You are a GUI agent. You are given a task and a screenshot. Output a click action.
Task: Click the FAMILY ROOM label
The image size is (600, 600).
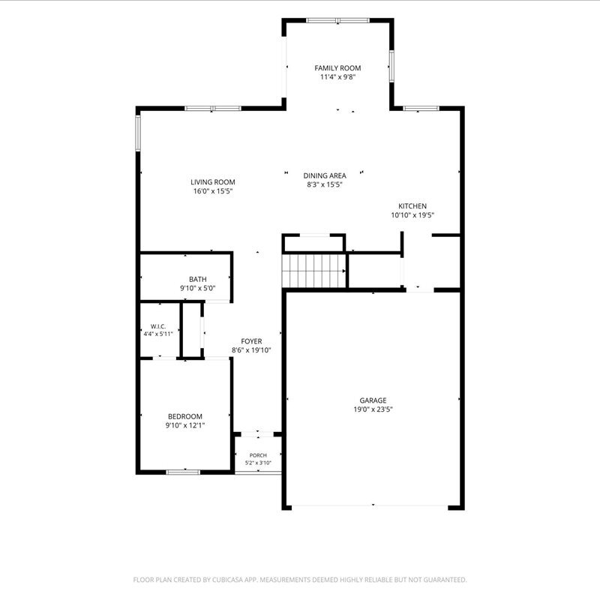(x=337, y=68)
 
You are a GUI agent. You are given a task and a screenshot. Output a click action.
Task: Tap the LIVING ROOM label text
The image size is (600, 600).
(x=213, y=182)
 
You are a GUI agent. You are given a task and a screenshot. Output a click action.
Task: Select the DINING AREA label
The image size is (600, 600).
(x=325, y=175)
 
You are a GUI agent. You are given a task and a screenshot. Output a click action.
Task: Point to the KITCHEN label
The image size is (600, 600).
(x=412, y=205)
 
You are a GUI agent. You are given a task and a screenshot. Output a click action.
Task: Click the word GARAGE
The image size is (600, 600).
(x=373, y=400)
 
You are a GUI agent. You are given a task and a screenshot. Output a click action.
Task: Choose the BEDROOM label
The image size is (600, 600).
(x=185, y=416)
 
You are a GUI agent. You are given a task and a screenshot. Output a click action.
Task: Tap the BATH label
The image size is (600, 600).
(x=198, y=279)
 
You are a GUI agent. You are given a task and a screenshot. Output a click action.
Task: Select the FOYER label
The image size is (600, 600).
(x=251, y=341)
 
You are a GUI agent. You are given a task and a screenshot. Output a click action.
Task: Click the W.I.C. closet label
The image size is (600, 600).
(x=158, y=326)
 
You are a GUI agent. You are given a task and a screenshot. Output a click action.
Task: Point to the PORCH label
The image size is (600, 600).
(x=258, y=455)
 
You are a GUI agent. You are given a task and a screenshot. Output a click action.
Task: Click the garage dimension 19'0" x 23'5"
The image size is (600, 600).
(x=373, y=409)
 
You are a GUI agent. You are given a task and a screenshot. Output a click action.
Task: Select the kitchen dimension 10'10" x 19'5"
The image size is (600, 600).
(x=412, y=215)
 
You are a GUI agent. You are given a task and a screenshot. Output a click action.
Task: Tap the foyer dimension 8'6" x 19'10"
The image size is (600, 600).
(x=251, y=350)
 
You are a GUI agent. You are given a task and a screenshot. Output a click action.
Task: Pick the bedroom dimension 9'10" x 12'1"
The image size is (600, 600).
(x=185, y=425)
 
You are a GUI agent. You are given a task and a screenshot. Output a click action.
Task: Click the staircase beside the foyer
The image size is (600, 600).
(x=314, y=271)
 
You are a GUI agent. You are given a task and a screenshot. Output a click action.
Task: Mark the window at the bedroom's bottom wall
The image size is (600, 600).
(x=183, y=472)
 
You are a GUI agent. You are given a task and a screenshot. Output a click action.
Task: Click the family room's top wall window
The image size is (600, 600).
(x=338, y=20)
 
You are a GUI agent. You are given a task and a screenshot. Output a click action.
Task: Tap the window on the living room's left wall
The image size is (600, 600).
(x=138, y=133)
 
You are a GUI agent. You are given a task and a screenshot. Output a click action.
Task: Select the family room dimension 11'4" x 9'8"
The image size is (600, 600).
(x=338, y=77)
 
